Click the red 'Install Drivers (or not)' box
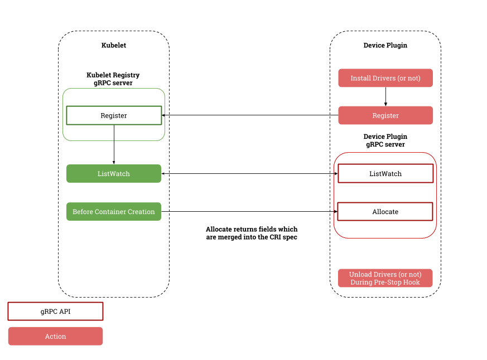[x=385, y=78]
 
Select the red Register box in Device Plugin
[x=385, y=115]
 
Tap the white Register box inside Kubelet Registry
[x=114, y=115]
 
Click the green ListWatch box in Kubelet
[x=114, y=173]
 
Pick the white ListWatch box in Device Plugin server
[x=385, y=173]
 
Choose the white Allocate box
[x=385, y=212]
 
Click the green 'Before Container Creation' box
[x=114, y=212]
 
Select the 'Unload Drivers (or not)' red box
[x=385, y=278]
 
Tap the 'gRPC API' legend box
[x=55, y=312]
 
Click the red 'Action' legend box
[x=55, y=336]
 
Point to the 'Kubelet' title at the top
[x=114, y=45]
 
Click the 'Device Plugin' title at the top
[x=385, y=45]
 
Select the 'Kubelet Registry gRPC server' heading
[x=113, y=79]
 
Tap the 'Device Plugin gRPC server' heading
[x=385, y=140]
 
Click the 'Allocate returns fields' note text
[x=252, y=233]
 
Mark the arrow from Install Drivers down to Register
[x=385, y=96]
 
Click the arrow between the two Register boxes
[x=250, y=115]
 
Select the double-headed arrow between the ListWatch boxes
[x=250, y=173]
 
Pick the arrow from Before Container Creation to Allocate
[x=250, y=212]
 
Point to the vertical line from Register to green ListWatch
[x=114, y=144]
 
